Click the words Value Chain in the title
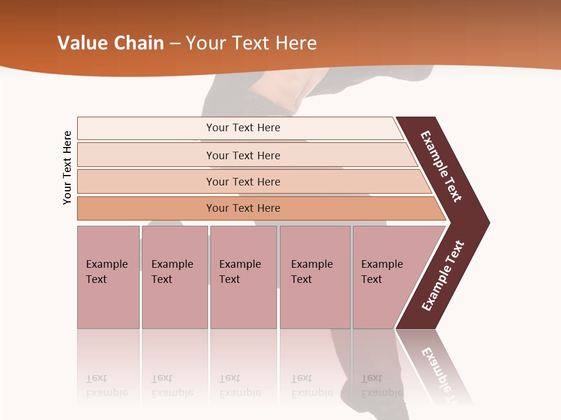110,43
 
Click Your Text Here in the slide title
251,43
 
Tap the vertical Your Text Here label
67,167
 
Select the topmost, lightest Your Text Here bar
243,128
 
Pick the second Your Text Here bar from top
243,155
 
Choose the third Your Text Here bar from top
243,181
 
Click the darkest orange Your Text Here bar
243,208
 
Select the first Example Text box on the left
108,276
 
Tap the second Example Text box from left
174,276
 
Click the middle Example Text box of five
243,276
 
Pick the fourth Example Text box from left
314,276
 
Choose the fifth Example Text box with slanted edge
386,276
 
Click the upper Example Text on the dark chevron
442,166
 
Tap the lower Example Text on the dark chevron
442,276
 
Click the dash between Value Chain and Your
175,44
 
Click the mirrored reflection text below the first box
106,386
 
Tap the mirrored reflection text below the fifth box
381,386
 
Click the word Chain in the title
139,43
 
